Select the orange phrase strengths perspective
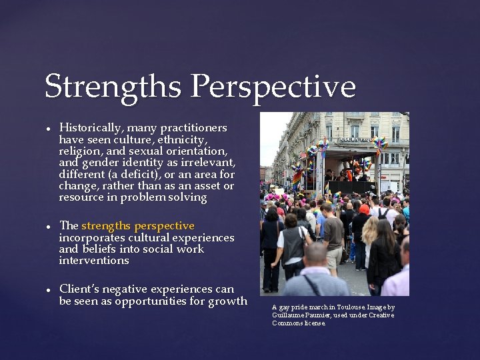138,226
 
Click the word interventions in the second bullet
93,261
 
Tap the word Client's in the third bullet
80,289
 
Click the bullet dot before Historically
49,129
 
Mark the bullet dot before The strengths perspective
49,227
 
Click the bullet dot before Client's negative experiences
49,290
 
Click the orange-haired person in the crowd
364,209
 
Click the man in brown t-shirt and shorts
332,233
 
